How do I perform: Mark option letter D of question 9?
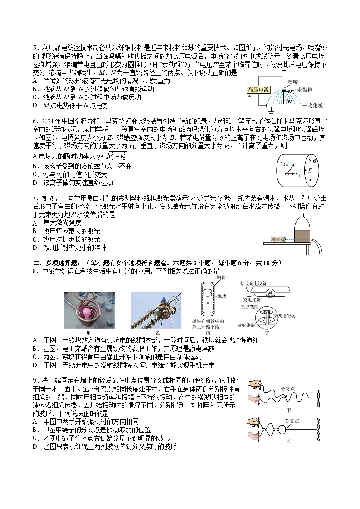pos(36,446)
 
